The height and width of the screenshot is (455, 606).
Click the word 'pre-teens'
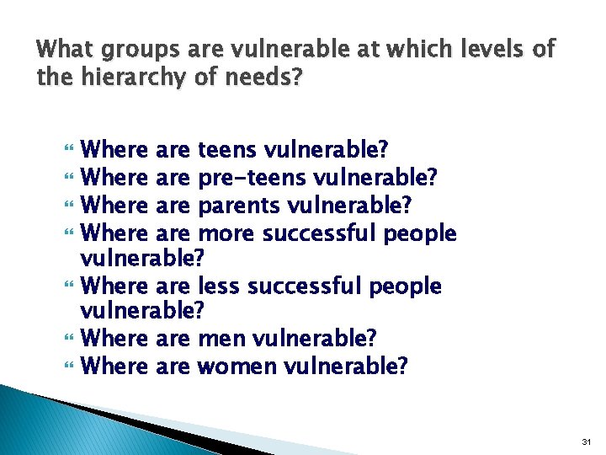252,179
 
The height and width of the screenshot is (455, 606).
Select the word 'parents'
240,206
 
